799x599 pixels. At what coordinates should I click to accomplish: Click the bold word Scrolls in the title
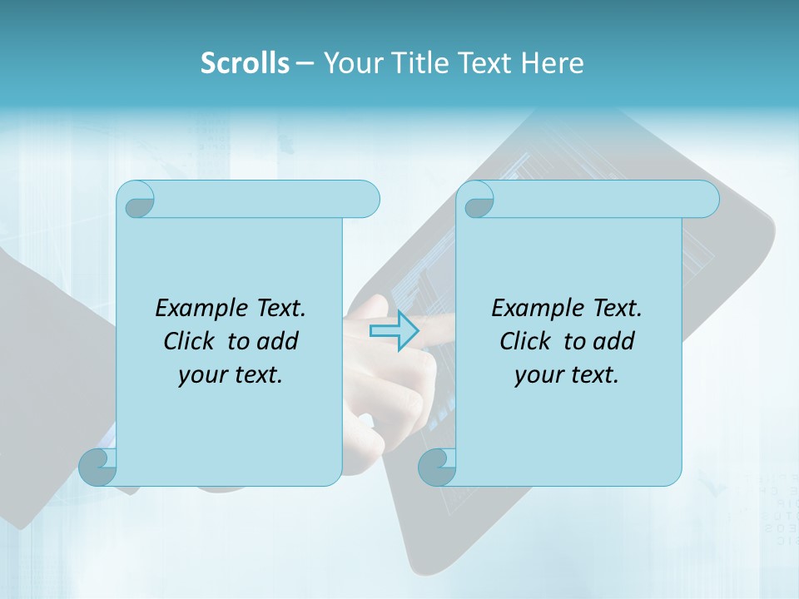point(245,63)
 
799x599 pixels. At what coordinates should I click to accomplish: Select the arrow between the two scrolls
point(394,331)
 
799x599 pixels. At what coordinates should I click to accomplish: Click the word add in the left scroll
point(278,341)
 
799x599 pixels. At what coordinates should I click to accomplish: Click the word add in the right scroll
point(614,341)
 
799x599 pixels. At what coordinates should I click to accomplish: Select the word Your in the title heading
point(351,63)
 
